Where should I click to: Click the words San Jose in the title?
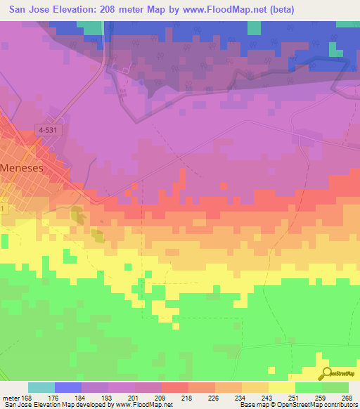27,10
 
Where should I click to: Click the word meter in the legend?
11,398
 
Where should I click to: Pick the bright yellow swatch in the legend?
281,387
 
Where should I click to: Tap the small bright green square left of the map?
4,241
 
